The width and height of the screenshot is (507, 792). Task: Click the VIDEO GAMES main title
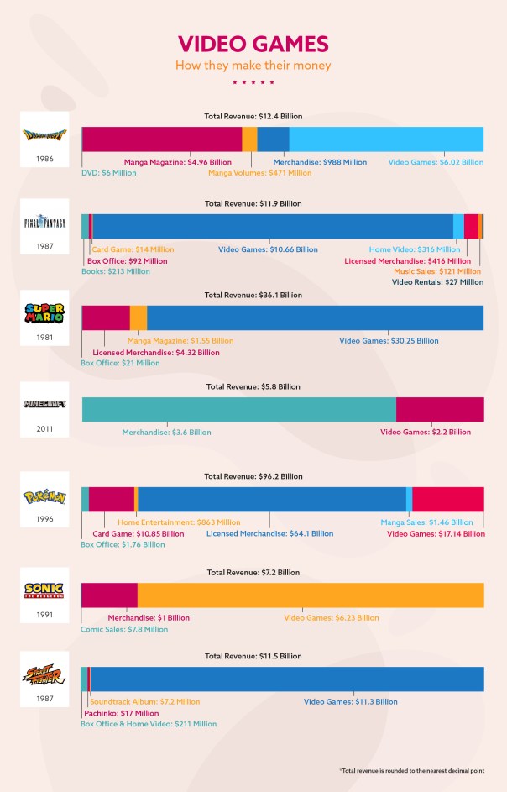pos(253,44)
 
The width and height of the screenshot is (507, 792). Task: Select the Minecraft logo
pos(44,404)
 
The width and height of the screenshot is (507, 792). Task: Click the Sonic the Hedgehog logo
pos(44,589)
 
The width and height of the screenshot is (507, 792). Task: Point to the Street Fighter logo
pos(44,677)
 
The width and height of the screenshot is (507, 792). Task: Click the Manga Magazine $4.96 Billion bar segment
pos(162,139)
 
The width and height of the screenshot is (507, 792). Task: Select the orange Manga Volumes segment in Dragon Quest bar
pos(249,139)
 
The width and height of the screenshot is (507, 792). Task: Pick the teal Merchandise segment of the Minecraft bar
pos(238,409)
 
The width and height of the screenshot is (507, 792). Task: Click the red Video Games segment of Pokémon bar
pos(448,499)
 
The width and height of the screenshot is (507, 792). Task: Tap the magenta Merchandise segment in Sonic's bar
pos(110,595)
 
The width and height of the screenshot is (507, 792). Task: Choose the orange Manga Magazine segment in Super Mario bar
pos(139,317)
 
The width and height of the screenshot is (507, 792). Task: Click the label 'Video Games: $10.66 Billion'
pos(268,249)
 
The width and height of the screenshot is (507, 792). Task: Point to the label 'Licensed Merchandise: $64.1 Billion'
pos(269,533)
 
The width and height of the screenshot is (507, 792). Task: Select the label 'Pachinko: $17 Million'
pos(121,713)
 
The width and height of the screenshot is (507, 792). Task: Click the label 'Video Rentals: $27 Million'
pos(437,282)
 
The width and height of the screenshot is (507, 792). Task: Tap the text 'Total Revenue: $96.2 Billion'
pos(253,476)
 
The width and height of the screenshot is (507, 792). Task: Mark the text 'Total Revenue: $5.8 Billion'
pos(253,386)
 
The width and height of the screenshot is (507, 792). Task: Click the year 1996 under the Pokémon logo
pos(44,519)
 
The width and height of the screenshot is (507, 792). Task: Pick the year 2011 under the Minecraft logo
pos(44,429)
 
